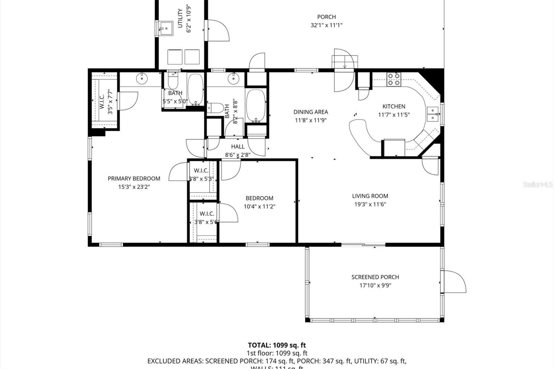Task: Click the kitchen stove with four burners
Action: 393,79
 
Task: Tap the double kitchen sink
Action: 432,114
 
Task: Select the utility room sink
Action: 166,28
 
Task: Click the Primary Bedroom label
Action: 134,179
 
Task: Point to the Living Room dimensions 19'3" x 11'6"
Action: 370,204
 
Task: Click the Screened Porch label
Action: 375,277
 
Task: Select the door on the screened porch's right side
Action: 454,281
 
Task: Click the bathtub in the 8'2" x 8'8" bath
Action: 256,106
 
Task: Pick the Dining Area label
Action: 311,112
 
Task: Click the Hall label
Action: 238,147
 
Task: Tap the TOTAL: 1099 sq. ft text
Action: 277,345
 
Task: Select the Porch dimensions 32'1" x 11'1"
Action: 326,25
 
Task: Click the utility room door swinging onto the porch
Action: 217,30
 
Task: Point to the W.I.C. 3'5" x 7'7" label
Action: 105,102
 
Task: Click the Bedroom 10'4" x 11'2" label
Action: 259,198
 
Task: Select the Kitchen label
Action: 394,106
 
